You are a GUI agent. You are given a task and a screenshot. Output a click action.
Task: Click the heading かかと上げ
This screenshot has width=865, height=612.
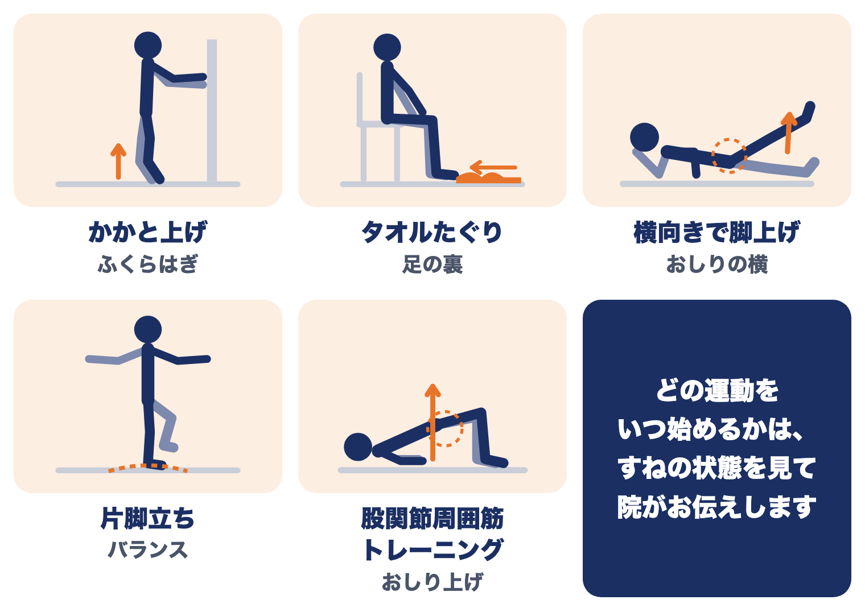click(x=147, y=232)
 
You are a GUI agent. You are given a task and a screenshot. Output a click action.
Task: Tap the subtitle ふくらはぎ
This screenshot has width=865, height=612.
click(x=147, y=264)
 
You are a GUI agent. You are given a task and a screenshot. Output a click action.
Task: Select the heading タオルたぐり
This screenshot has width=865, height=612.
click(x=432, y=232)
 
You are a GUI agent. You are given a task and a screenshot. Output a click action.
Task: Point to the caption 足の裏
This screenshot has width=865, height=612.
click(x=432, y=264)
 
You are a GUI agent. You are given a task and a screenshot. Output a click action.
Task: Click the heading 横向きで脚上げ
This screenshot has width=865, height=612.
click(x=716, y=232)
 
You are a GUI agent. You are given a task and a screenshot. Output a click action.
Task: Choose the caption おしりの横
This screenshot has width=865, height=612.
click(x=716, y=264)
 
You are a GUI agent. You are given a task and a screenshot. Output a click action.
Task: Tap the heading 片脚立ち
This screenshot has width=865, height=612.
click(x=147, y=518)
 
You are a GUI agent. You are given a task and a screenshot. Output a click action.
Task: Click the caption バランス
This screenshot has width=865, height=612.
click(x=147, y=549)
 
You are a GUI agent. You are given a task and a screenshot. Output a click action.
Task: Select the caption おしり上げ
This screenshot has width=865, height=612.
click(x=432, y=582)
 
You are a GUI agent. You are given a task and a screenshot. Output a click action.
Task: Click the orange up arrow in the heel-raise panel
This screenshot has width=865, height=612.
click(x=118, y=162)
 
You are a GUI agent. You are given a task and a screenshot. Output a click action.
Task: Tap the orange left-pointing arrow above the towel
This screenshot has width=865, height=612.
click(x=493, y=167)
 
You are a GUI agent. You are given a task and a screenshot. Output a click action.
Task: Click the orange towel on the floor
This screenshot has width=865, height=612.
click(x=488, y=178)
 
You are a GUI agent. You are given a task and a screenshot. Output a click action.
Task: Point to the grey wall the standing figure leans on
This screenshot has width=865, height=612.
click(x=212, y=110)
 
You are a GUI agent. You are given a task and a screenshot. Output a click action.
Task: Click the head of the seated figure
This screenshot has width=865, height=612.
click(x=387, y=47)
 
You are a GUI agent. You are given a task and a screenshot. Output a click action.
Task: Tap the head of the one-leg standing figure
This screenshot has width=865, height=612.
click(x=148, y=329)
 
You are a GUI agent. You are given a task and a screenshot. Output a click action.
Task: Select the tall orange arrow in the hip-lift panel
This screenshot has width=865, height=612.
click(x=432, y=422)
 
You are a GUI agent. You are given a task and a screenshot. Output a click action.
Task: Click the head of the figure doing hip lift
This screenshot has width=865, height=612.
click(x=358, y=447)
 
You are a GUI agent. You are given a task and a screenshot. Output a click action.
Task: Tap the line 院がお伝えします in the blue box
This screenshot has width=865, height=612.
click(x=716, y=507)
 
